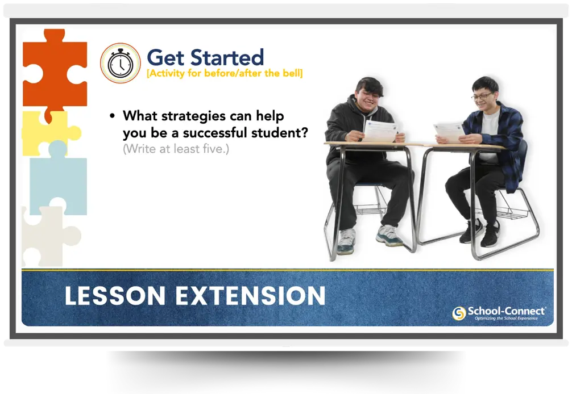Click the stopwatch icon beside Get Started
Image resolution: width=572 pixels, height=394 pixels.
point(120,64)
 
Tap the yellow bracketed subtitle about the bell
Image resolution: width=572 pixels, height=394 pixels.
point(225,73)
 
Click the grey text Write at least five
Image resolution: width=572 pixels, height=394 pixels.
point(176,150)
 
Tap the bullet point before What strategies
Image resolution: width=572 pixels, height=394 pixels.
point(112,116)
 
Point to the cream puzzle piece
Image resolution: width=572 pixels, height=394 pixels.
point(47,236)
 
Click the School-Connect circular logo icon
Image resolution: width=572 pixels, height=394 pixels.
point(459,313)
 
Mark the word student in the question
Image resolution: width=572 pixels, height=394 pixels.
point(285,133)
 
